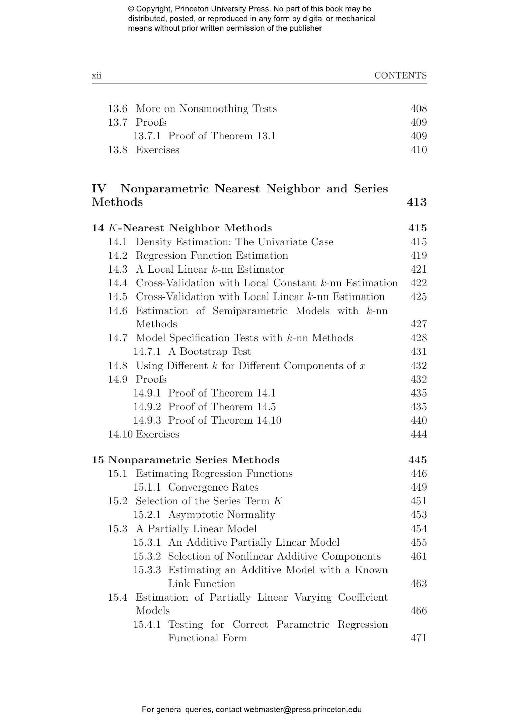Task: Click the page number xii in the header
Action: [96, 75]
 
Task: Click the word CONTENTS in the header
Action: [400, 75]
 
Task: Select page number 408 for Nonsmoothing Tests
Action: [418, 108]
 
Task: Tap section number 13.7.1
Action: [147, 136]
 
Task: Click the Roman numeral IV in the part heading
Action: [99, 189]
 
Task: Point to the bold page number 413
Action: [416, 202]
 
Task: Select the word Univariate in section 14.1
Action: [278, 242]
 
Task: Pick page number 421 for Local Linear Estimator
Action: [418, 269]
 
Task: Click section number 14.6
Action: [117, 311]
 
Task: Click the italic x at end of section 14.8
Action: [363, 366]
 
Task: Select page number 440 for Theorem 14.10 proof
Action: [418, 420]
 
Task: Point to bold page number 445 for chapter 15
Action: [417, 460]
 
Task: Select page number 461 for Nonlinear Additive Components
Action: [418, 556]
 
